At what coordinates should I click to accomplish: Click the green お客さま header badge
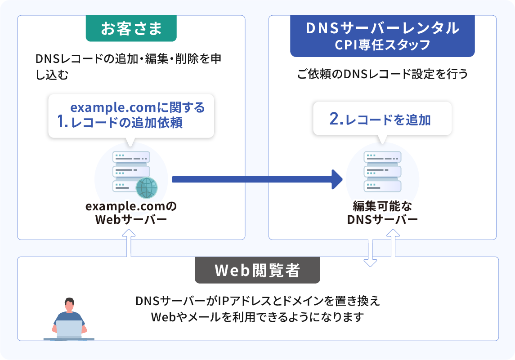131,29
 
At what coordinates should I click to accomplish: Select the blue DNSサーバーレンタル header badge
382,36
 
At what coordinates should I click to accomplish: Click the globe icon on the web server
146,188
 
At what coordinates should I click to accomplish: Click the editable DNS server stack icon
382,172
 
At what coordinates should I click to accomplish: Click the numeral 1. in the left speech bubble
63,122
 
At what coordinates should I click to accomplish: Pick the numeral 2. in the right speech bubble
336,119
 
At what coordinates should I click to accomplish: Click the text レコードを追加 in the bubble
388,120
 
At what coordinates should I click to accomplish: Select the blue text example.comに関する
138,108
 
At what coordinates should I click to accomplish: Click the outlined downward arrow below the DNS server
370,254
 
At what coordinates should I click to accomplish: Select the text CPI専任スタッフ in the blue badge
382,45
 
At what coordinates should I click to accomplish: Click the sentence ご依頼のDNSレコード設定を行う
382,74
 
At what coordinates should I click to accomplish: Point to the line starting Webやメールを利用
257,317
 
